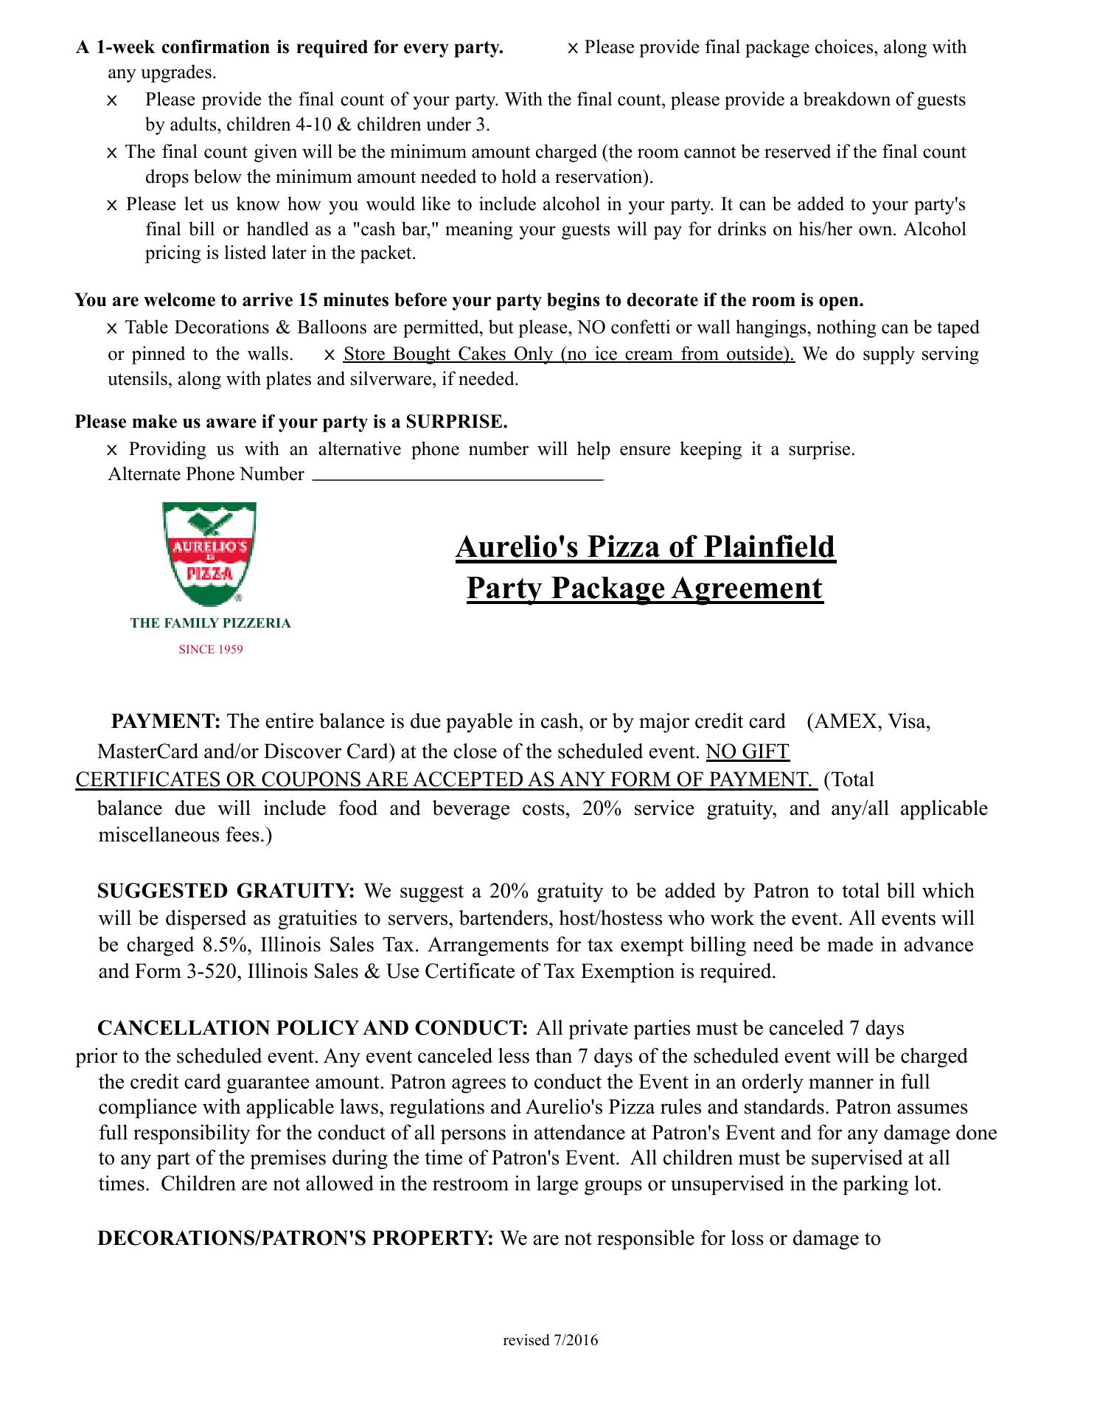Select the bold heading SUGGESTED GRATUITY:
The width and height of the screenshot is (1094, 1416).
[x=226, y=891]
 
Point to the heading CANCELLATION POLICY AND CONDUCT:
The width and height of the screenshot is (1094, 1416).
[x=313, y=1028]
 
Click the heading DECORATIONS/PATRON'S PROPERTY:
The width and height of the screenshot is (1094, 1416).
[x=296, y=1238]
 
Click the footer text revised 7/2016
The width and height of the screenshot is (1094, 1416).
[x=551, y=1340]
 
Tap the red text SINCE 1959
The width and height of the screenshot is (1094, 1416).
[x=211, y=650]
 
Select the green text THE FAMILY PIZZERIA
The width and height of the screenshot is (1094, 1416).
[x=211, y=623]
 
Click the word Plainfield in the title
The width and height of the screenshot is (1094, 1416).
[x=769, y=546]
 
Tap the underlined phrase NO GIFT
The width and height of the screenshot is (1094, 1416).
[x=748, y=752]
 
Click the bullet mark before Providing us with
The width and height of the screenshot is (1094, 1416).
[x=112, y=450]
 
